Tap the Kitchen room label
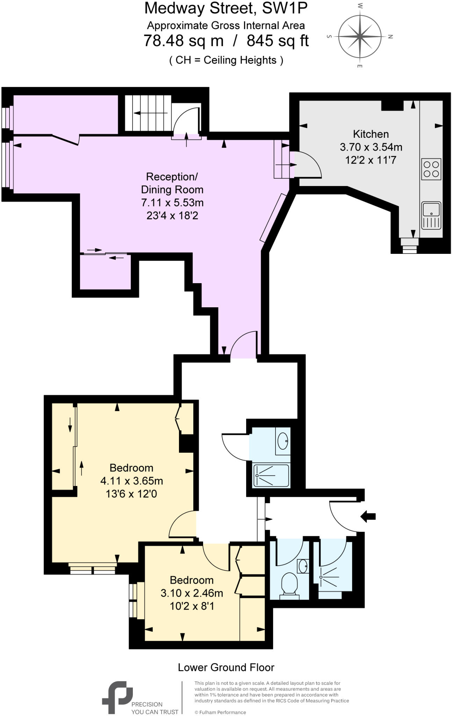371,134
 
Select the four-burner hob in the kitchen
431,169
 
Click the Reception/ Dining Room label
172,183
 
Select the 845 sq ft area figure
278,41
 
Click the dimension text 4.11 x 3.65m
131,481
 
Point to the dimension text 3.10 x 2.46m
192,593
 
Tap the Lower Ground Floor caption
226,667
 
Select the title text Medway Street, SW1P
226,8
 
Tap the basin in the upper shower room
282,441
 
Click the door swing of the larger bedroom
182,524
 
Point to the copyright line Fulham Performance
220,712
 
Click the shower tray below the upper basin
271,475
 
